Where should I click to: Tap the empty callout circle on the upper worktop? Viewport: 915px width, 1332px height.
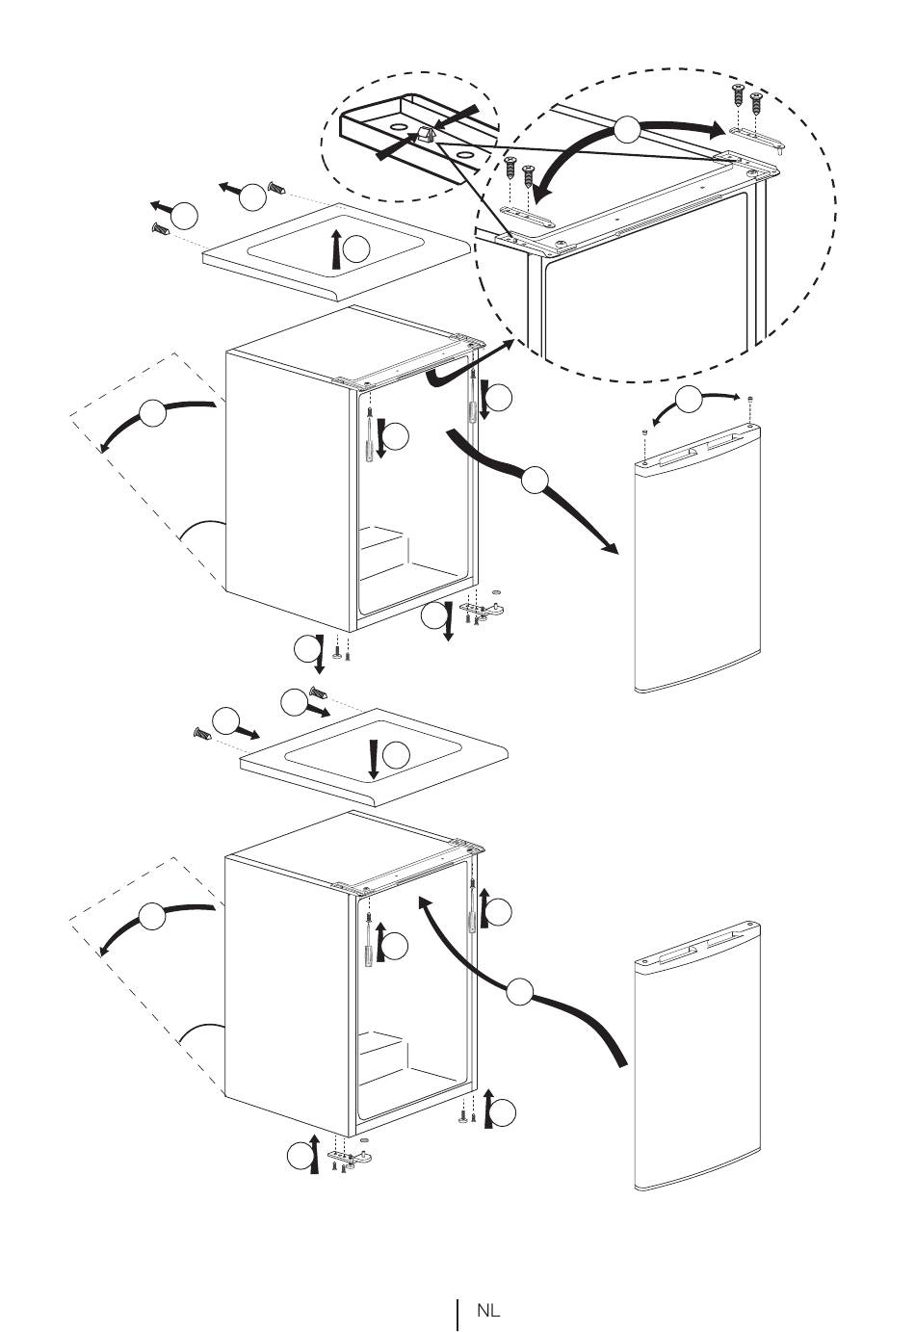click(x=356, y=249)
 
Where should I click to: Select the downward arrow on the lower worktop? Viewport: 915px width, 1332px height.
click(x=374, y=758)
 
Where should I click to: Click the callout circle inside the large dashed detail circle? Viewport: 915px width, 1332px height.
click(x=627, y=131)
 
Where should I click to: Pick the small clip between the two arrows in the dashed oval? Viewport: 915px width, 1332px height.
click(x=428, y=133)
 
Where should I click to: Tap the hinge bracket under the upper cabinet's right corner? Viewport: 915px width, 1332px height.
click(x=484, y=609)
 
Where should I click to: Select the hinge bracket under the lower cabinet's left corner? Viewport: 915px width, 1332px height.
click(x=351, y=1156)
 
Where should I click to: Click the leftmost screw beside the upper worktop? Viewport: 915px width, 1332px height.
click(x=161, y=227)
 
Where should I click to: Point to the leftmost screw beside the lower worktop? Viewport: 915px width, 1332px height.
click(x=202, y=734)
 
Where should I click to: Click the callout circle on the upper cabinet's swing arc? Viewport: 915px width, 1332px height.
click(x=153, y=412)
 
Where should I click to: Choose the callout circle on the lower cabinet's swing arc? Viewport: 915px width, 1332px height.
click(x=153, y=916)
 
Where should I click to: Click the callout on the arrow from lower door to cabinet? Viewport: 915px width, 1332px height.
click(x=520, y=991)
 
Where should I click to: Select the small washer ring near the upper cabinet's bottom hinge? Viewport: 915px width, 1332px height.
click(x=496, y=592)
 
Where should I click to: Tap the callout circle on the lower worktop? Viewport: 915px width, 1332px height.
click(x=397, y=755)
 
